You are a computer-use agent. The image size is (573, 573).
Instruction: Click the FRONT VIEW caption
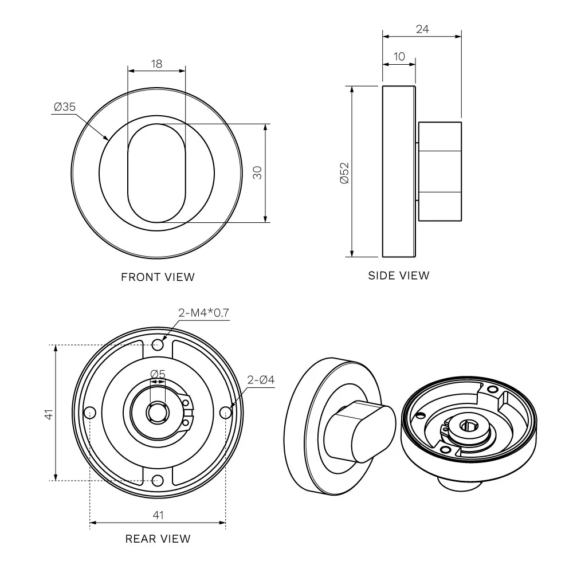158,277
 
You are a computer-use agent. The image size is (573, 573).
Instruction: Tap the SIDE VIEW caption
399,276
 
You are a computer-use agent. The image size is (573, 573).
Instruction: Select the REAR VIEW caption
158,539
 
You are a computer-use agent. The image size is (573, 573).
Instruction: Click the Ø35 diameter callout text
65,107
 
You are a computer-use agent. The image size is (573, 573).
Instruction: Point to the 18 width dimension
156,64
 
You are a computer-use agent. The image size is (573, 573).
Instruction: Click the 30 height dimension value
258,172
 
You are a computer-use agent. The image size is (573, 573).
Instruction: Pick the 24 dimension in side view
422,29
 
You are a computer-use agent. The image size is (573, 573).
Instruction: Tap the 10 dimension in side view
399,57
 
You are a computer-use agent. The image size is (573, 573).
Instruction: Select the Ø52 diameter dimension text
344,173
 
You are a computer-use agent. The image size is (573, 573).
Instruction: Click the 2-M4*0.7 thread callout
203,313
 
